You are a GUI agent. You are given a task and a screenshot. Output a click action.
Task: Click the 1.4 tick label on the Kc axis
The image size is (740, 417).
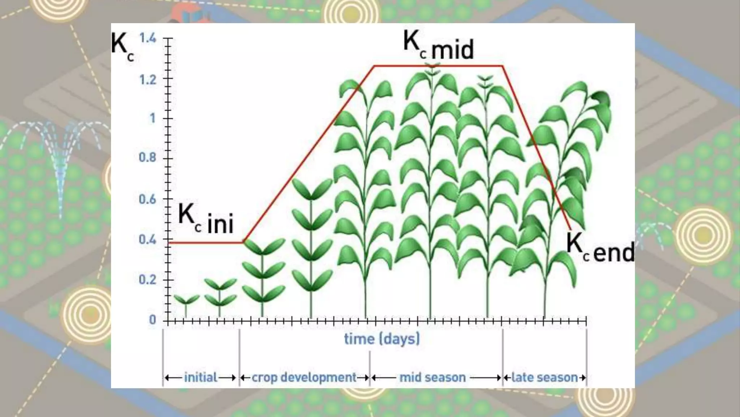(148, 38)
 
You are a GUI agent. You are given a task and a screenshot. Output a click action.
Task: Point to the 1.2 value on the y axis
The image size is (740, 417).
(148, 79)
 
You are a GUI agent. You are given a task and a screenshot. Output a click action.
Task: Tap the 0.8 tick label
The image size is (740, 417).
(148, 157)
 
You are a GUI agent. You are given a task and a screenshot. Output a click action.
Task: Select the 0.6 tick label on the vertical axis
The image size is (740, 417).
(148, 199)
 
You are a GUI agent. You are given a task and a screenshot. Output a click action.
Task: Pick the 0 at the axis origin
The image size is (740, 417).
(152, 320)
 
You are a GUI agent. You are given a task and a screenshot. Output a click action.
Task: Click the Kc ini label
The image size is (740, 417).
(206, 219)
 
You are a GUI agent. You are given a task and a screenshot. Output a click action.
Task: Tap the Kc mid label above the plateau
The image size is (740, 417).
(438, 45)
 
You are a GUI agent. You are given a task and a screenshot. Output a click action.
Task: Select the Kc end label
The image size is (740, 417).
(600, 248)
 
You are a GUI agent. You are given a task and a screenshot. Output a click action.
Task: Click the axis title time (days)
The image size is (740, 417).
(382, 339)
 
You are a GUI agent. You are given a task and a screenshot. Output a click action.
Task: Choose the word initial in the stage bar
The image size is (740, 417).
(201, 378)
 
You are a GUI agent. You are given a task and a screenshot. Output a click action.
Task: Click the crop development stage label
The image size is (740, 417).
(304, 378)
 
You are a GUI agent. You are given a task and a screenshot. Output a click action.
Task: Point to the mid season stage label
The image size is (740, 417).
(433, 378)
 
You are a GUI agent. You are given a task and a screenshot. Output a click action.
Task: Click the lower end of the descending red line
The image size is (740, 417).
(570, 228)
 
